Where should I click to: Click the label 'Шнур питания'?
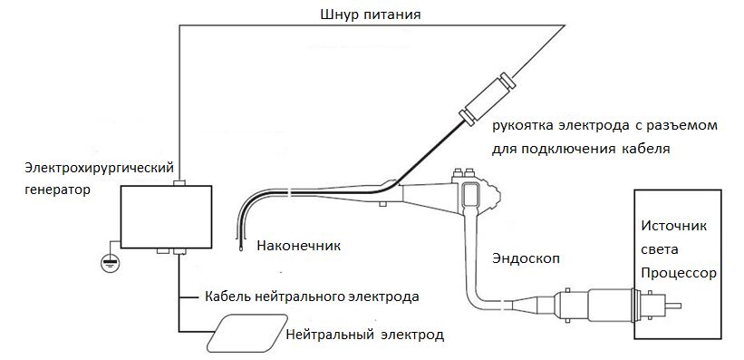point(371,15)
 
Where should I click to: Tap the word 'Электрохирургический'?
point(100,168)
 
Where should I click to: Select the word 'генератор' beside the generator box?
point(57,190)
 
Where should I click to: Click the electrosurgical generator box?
point(166,217)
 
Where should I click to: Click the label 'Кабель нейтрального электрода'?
point(313,297)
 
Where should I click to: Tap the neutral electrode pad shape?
point(246,333)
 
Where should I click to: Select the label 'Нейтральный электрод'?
point(365,335)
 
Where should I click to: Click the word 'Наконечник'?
point(299,246)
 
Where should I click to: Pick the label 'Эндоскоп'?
point(526,258)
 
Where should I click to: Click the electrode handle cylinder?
point(487,100)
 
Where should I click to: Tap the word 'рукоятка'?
point(521,127)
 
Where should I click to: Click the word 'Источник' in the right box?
point(674,225)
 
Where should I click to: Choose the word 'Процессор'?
point(679,274)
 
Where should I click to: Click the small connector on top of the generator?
point(180,183)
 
